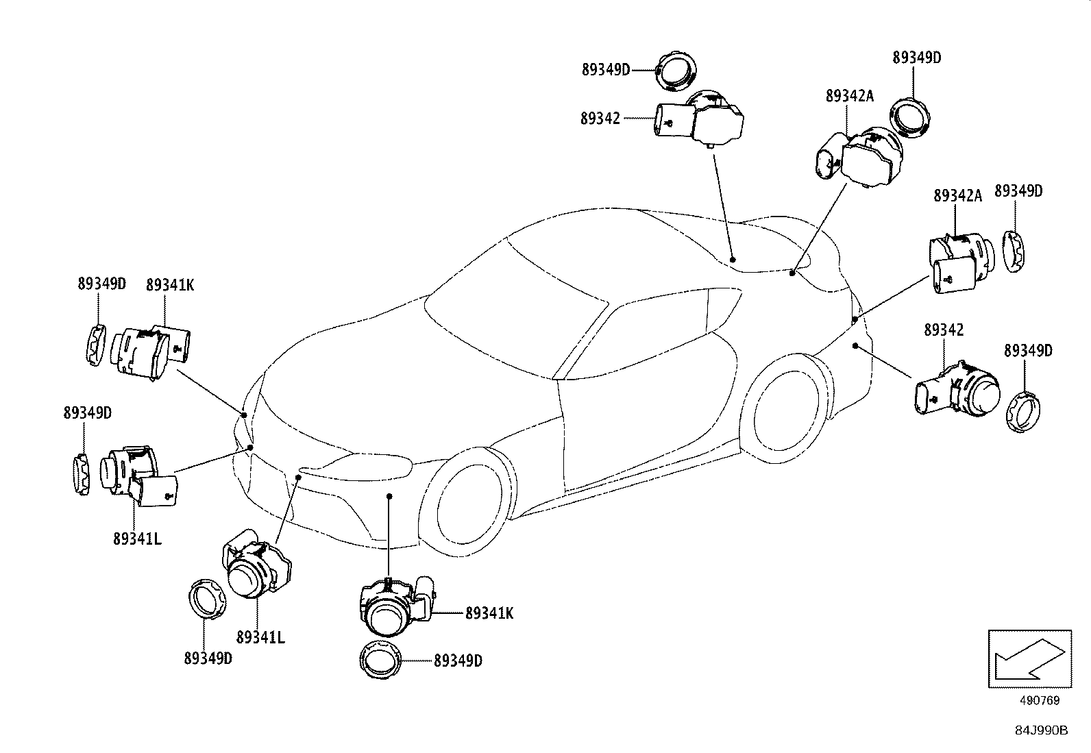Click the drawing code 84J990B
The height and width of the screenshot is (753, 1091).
1042,730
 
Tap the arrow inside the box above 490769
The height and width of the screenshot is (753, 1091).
1028,658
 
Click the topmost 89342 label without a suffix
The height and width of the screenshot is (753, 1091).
600,119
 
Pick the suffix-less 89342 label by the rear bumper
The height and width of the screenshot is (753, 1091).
944,330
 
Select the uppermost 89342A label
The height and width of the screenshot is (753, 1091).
850,97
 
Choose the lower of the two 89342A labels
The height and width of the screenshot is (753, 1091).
957,196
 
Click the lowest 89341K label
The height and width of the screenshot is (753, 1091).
489,614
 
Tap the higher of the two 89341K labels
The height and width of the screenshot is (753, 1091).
169,285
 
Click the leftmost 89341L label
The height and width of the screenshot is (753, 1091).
137,539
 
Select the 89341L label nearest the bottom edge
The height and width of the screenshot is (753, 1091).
260,637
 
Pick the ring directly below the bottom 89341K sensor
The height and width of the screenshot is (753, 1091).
379,660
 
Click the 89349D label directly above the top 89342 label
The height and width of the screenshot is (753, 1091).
605,69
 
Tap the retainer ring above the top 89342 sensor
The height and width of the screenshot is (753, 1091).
675,70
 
